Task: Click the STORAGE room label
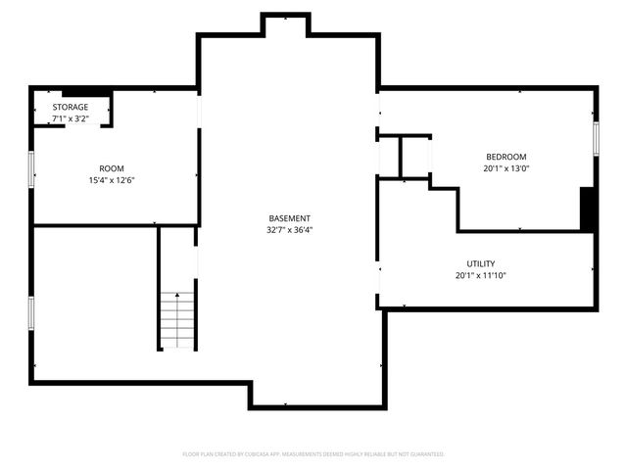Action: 71,107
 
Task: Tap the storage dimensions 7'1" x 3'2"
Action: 71,118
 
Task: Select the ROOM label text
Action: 111,168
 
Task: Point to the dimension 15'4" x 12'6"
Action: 111,180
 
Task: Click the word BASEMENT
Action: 289,218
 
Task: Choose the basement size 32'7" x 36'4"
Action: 289,230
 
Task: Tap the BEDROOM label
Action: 506,157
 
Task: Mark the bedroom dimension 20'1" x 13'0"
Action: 506,168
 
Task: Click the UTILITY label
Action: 480,263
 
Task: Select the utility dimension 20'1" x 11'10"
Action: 480,275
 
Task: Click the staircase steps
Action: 177,320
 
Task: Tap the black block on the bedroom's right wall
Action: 587,208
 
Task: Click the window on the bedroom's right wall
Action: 595,138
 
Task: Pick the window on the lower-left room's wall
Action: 32,312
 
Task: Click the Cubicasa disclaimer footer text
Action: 313,454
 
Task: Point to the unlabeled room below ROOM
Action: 95,302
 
